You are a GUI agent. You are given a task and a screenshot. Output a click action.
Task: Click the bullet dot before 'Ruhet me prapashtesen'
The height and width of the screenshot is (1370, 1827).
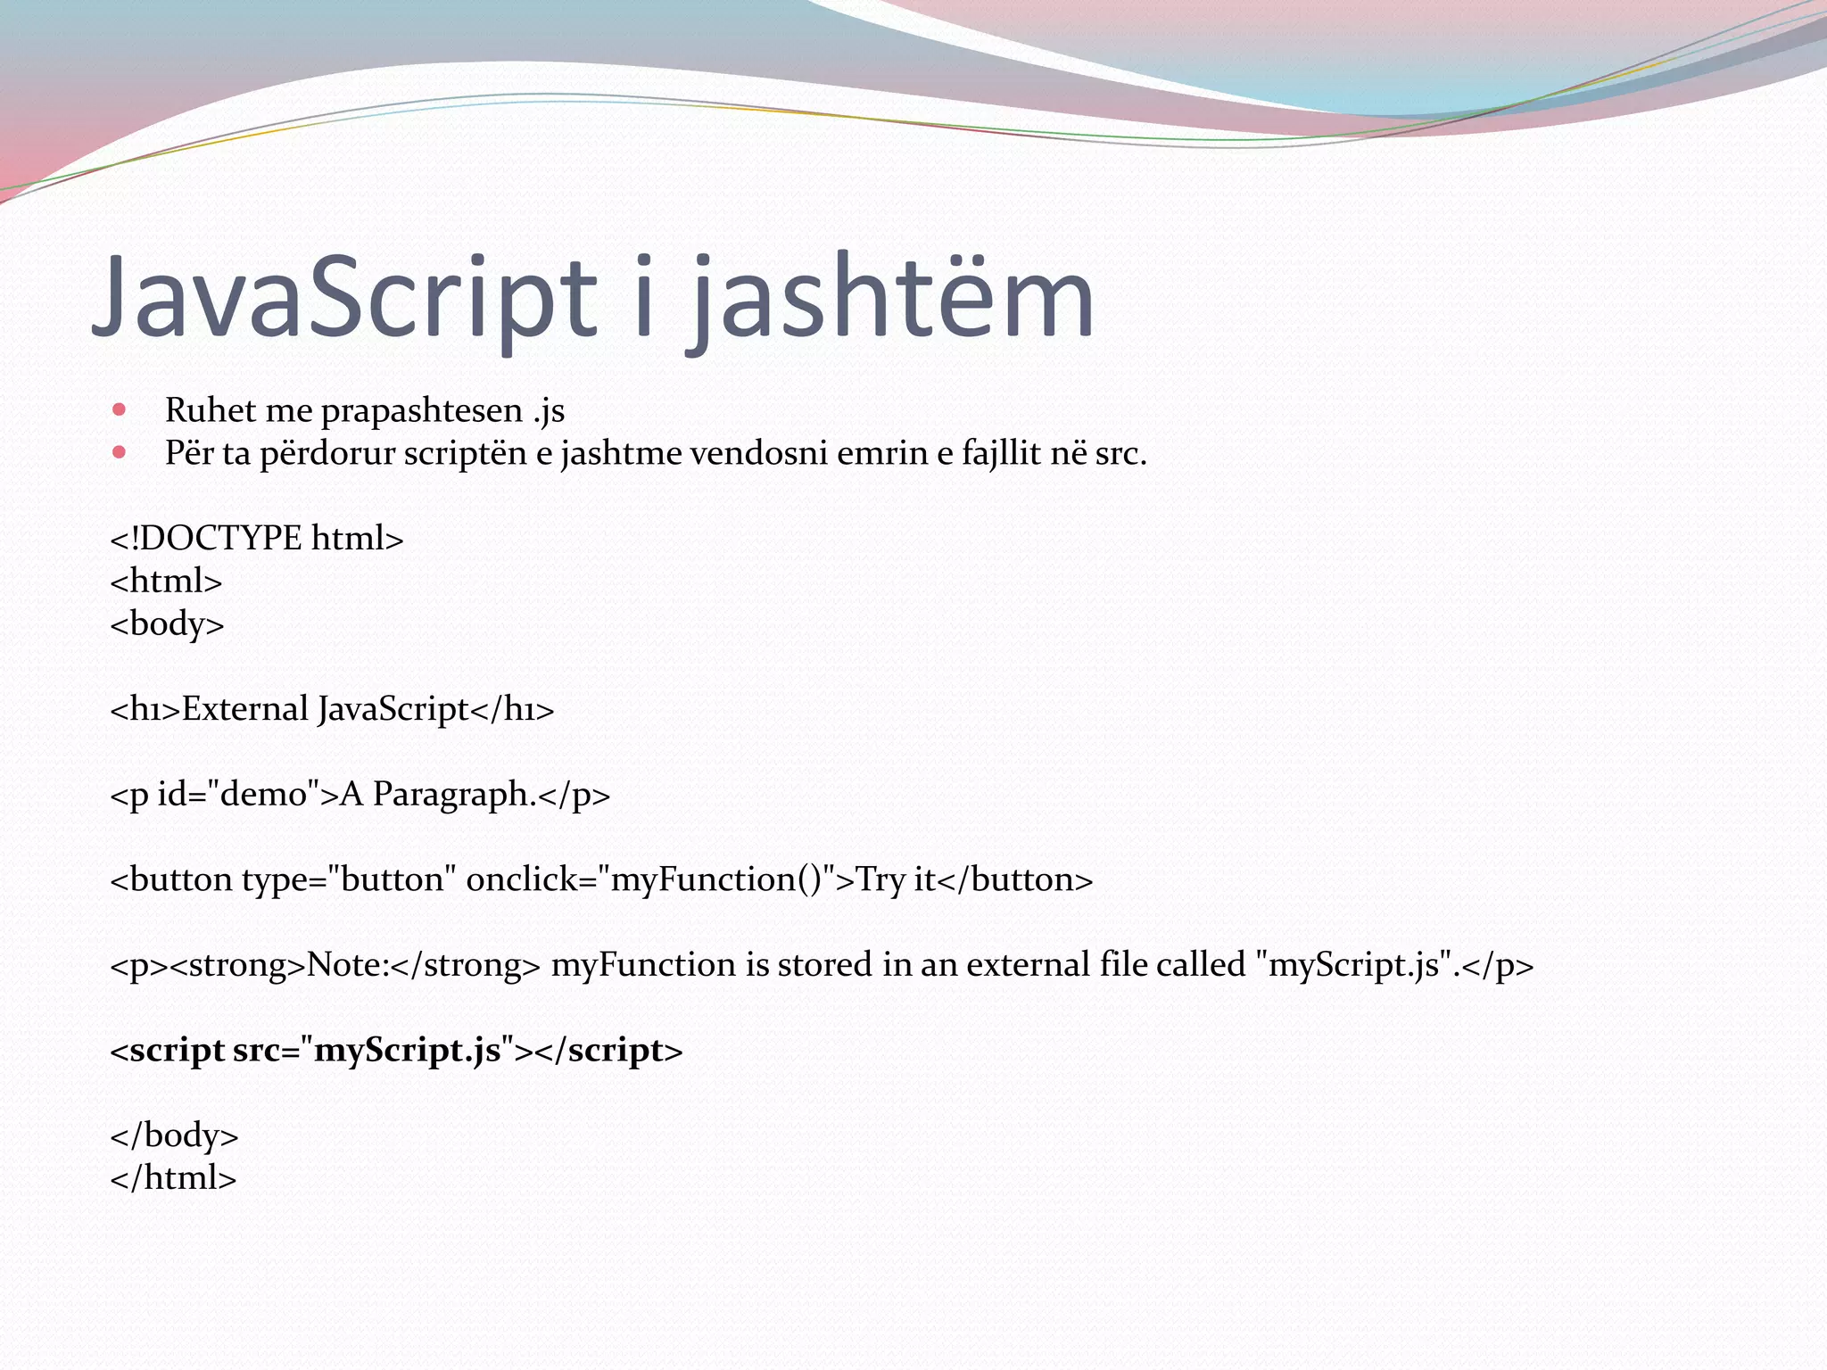(x=120, y=410)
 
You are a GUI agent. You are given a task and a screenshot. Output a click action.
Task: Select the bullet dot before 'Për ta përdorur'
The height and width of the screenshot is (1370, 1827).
(x=120, y=453)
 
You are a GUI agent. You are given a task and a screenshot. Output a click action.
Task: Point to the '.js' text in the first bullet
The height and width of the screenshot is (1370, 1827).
(x=548, y=410)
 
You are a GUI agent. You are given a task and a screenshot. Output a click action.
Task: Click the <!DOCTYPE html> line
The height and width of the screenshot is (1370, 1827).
(x=257, y=539)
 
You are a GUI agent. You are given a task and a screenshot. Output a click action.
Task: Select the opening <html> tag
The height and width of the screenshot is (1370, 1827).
(x=166, y=582)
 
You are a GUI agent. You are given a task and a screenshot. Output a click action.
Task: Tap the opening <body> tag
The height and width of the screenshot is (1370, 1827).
(x=167, y=623)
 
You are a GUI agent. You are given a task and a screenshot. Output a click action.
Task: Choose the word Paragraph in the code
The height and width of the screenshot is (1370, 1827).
(x=453, y=794)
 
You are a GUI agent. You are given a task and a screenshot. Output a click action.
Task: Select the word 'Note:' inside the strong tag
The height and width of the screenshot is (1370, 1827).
(x=348, y=965)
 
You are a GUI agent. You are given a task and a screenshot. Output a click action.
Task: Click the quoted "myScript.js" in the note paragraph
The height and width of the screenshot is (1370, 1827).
(x=1352, y=965)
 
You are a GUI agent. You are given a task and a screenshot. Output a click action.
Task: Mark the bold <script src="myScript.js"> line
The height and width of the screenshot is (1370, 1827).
(x=396, y=1051)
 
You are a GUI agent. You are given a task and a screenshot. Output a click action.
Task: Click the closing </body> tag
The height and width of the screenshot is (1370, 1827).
(x=174, y=1135)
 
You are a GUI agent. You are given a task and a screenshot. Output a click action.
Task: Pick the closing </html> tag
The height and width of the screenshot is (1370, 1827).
(x=173, y=1178)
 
